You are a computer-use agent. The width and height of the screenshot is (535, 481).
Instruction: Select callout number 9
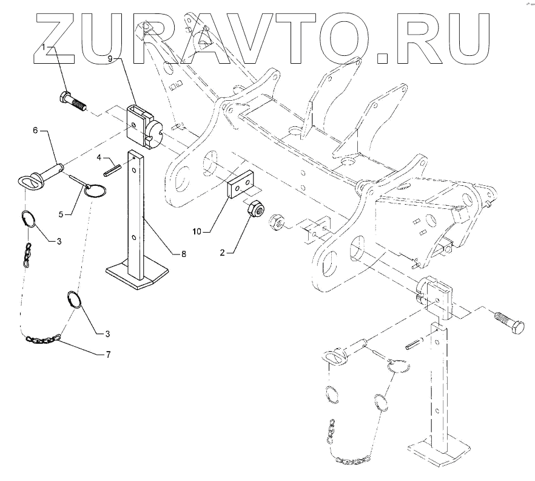[110, 59]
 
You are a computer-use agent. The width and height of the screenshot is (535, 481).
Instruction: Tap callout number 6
[35, 130]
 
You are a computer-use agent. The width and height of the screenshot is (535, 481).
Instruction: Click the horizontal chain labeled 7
[44, 341]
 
